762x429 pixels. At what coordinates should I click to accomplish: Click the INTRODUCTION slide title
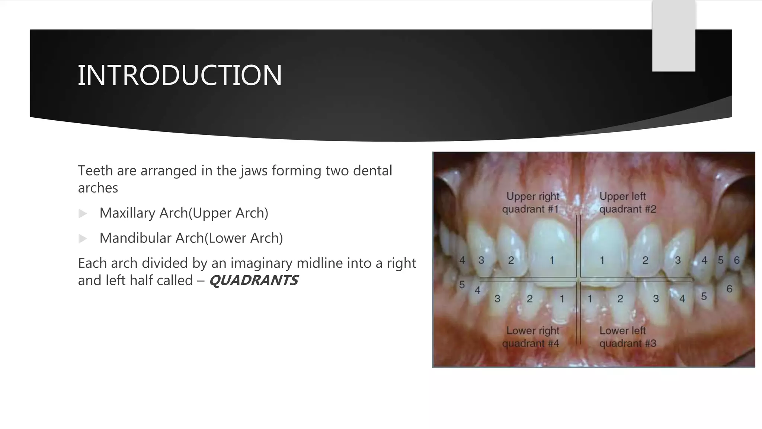180,75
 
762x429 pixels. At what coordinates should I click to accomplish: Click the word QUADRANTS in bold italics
254,280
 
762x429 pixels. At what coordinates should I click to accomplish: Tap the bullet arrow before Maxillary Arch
83,214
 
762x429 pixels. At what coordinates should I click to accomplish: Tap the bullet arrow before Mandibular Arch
83,239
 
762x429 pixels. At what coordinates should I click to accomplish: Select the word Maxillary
128,213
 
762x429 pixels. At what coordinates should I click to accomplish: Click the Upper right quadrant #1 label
531,203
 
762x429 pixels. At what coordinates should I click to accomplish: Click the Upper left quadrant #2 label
627,203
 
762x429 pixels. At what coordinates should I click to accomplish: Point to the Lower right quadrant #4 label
531,337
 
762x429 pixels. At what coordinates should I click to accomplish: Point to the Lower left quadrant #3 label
627,337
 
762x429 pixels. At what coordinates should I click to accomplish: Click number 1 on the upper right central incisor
552,260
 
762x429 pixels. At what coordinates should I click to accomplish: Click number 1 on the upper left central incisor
602,260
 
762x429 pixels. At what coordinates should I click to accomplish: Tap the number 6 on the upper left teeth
736,260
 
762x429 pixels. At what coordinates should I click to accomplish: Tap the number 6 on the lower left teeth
729,289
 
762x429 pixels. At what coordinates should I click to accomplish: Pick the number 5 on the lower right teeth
462,285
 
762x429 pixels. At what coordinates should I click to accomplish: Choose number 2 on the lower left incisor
620,299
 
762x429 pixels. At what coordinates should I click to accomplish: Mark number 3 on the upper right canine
481,260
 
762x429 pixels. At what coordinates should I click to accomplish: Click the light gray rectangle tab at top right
673,36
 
